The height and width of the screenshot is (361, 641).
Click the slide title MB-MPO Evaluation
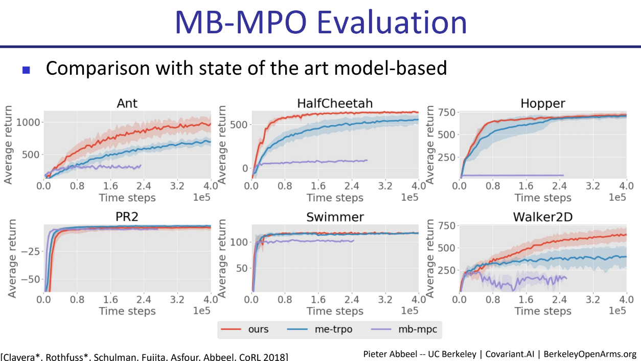[320, 23]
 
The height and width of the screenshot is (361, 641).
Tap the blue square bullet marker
[27, 69]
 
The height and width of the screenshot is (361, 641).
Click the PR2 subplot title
[127, 217]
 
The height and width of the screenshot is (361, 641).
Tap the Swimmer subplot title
[335, 217]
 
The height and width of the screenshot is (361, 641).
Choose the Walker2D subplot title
[543, 217]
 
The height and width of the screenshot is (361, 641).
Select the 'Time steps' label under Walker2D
[543, 311]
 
